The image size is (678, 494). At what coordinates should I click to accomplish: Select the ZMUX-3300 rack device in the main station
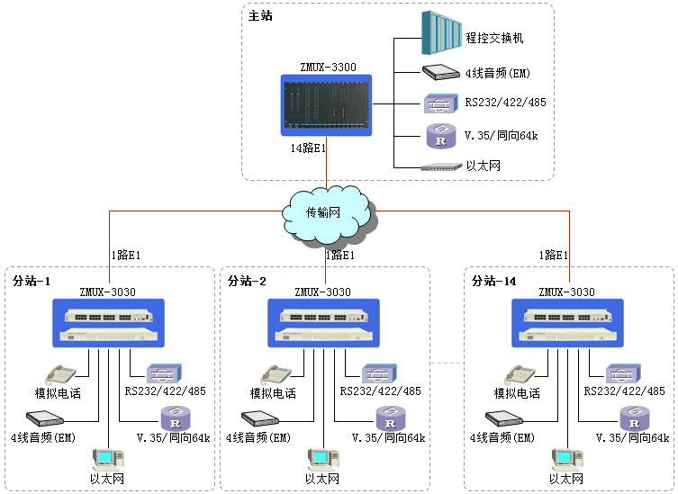(x=327, y=104)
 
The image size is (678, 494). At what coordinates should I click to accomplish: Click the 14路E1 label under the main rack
(x=308, y=148)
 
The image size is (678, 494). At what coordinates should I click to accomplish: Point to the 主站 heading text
(x=261, y=15)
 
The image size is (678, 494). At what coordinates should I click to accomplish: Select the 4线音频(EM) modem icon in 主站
(x=441, y=73)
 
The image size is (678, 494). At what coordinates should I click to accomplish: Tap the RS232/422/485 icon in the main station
(x=441, y=103)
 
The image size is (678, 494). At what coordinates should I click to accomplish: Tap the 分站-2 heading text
(x=248, y=281)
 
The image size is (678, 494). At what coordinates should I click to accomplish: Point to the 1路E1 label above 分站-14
(x=553, y=255)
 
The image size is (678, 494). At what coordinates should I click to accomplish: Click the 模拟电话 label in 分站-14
(x=517, y=393)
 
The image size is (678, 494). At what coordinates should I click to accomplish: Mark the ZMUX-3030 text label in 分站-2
(x=323, y=292)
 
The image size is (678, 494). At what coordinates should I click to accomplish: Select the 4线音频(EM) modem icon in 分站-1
(x=43, y=418)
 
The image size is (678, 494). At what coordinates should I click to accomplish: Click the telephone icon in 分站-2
(x=275, y=374)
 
